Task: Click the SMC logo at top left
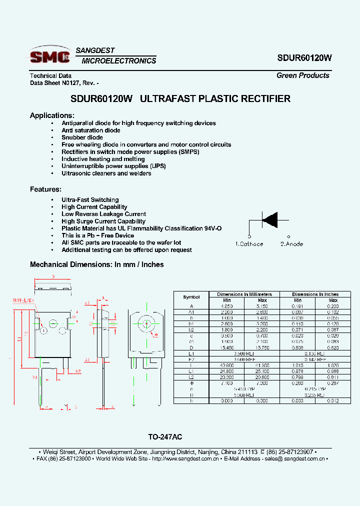(x=50, y=55)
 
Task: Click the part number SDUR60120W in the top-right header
(x=304, y=57)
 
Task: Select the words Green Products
(x=303, y=75)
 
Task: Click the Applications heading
(x=52, y=115)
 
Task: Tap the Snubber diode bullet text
(x=82, y=137)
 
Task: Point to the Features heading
(x=45, y=189)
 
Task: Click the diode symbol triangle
(x=270, y=219)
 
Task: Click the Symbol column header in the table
(x=191, y=297)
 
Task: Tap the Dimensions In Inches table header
(x=315, y=294)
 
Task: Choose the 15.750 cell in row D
(x=262, y=333)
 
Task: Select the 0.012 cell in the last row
(x=332, y=400)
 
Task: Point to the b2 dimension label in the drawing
(x=78, y=371)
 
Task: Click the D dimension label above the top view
(x=53, y=276)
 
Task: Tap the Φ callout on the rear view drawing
(x=156, y=335)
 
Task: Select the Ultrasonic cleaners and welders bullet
(x=106, y=173)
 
